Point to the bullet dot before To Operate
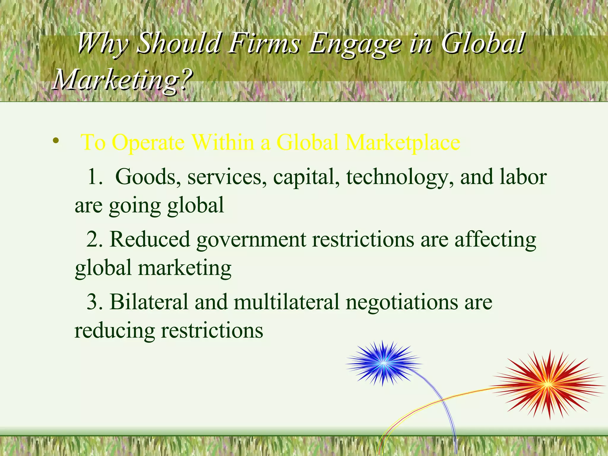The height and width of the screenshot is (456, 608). (x=55, y=141)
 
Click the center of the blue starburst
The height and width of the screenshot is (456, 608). (x=383, y=363)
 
